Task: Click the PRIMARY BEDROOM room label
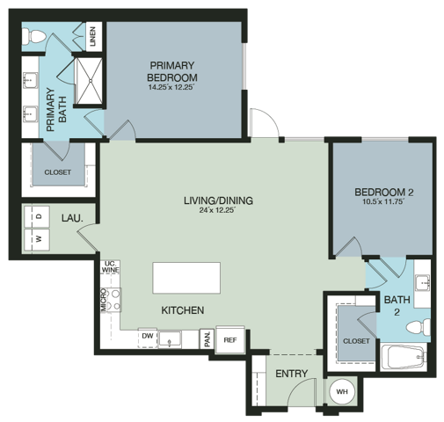(172, 71)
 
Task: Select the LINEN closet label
(93, 38)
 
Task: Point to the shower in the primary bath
(88, 81)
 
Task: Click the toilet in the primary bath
(34, 37)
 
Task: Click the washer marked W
(38, 238)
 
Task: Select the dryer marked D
(38, 215)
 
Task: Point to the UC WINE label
(110, 267)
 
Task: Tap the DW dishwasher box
(148, 336)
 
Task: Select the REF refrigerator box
(229, 339)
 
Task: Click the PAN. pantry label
(206, 338)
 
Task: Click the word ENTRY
(291, 374)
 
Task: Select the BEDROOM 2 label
(383, 193)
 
